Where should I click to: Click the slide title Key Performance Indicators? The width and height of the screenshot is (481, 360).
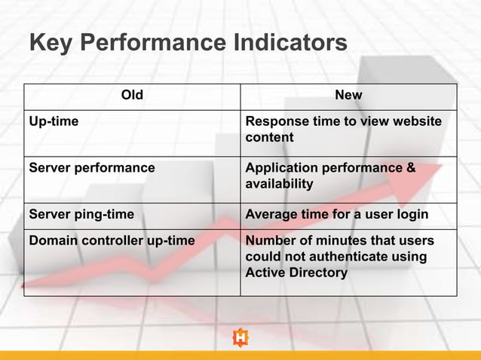(x=188, y=42)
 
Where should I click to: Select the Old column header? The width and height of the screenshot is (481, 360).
(x=132, y=95)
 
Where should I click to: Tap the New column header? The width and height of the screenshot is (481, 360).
(x=348, y=95)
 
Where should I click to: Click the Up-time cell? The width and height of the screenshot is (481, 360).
(x=54, y=121)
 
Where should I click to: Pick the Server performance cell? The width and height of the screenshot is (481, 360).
(x=91, y=168)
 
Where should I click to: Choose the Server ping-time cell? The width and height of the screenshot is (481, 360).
(x=81, y=215)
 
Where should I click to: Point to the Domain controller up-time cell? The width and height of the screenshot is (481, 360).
(x=112, y=241)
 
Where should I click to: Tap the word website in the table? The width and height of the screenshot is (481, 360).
(x=415, y=121)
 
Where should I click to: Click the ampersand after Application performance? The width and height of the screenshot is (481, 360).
(x=411, y=168)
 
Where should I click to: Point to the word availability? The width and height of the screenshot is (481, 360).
(x=279, y=184)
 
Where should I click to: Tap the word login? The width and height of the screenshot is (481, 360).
(x=412, y=215)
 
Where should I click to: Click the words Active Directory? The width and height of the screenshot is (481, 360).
(x=296, y=273)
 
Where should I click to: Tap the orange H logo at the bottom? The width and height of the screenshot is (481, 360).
(x=240, y=338)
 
